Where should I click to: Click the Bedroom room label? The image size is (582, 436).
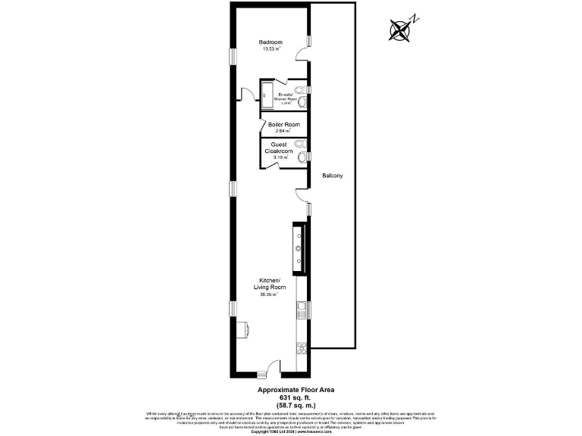coord(271,42)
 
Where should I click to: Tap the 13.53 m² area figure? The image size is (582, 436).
coord(271,48)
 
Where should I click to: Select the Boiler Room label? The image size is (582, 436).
coord(284,124)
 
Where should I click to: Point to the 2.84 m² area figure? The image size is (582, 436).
coord(284,131)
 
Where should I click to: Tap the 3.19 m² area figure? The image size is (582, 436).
coord(280,157)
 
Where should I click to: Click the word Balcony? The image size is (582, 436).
coord(332,176)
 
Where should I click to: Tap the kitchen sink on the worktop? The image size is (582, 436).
coord(301,308)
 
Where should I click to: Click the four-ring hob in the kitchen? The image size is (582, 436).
coord(301,348)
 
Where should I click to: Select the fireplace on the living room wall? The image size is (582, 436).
coord(243,329)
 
